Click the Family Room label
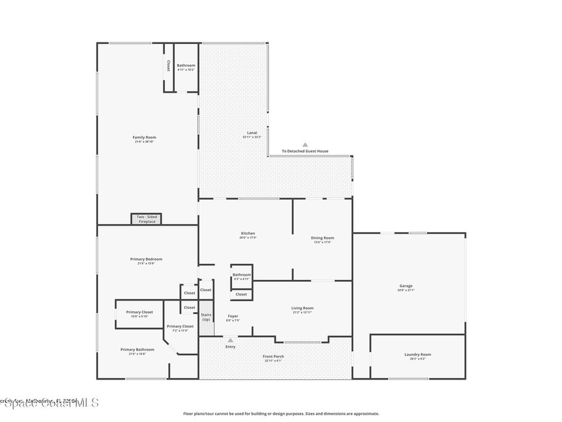[x=145, y=137]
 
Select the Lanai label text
[x=252, y=132]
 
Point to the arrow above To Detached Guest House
[x=305, y=145]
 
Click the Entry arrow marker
[x=231, y=341]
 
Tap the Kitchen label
[x=248, y=234]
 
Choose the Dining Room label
[x=323, y=238]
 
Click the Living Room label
[x=302, y=308]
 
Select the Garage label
[x=406, y=286]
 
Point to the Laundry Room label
[x=418, y=354]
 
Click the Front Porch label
[x=273, y=357]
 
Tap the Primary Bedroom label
[x=146, y=259]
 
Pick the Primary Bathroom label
[x=137, y=349]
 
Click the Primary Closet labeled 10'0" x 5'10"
[x=139, y=312]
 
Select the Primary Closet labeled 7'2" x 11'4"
[x=180, y=326]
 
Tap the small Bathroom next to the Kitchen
[x=241, y=275]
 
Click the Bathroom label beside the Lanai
[x=186, y=65]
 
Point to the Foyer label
[x=233, y=316]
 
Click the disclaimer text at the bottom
[x=280, y=414]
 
